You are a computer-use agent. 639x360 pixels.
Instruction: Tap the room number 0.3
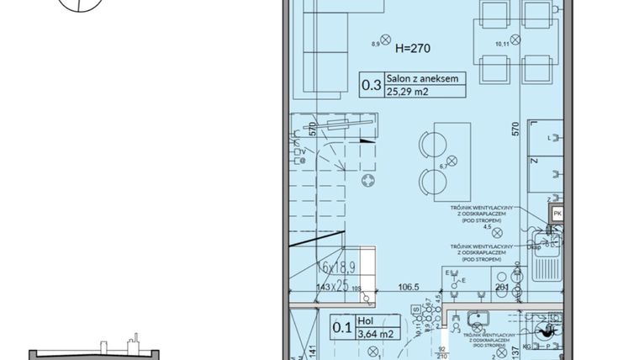372,84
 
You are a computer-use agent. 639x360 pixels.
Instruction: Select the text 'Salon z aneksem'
424,78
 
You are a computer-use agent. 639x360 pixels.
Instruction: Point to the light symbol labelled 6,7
452,160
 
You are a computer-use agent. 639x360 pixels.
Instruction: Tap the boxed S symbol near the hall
416,308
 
